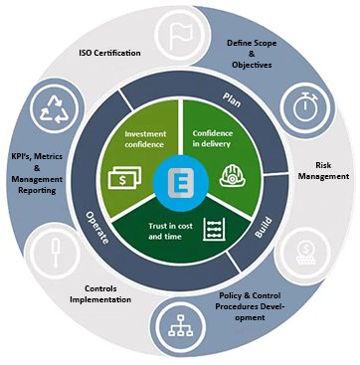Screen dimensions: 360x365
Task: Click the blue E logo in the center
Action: point(181,184)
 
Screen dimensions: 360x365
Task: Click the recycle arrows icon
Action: point(54,108)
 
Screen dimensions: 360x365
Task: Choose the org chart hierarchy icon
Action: point(180,325)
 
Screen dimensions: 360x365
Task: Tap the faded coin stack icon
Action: point(306,254)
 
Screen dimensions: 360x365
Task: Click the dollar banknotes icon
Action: point(124,178)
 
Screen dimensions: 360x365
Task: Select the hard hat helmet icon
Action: point(232,176)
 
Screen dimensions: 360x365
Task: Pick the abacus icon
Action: point(214,229)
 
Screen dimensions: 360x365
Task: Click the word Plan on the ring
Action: point(232,99)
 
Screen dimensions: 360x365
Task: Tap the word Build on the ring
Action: point(264,228)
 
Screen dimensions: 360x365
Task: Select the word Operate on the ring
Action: point(96,228)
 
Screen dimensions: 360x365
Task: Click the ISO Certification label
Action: point(109,53)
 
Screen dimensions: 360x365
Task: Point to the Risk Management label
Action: point(323,171)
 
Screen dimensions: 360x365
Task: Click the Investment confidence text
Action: point(144,139)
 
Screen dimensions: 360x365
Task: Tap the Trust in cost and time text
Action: point(170,232)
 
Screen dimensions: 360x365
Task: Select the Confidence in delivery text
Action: point(213,138)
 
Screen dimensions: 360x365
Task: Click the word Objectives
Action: point(252,65)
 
